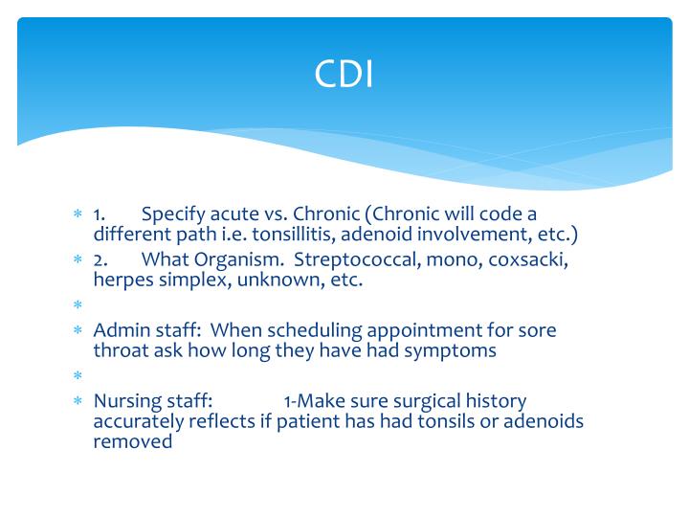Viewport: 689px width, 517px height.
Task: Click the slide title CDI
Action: click(344, 75)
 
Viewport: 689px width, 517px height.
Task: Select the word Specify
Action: click(173, 213)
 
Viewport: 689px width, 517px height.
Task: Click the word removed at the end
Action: click(133, 441)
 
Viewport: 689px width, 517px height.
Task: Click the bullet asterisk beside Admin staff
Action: click(79, 331)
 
